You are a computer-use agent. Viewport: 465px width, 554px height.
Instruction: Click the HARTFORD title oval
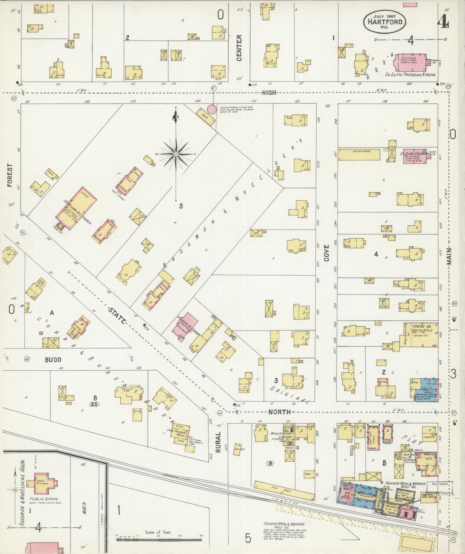tap(384, 22)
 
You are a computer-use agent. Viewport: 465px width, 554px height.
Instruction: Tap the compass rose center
tap(176, 154)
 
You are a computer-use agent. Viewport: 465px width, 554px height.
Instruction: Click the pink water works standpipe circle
tap(211, 109)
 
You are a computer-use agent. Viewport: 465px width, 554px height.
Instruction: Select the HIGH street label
tap(269, 93)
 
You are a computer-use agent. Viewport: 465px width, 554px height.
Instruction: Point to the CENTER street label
tap(239, 48)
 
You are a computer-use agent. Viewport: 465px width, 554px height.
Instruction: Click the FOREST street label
tap(10, 175)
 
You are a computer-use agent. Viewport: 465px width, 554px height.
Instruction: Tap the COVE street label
tap(327, 252)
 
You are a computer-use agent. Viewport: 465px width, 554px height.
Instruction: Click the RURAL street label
tap(218, 442)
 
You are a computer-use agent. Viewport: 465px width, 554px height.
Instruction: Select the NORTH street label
tap(279, 412)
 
